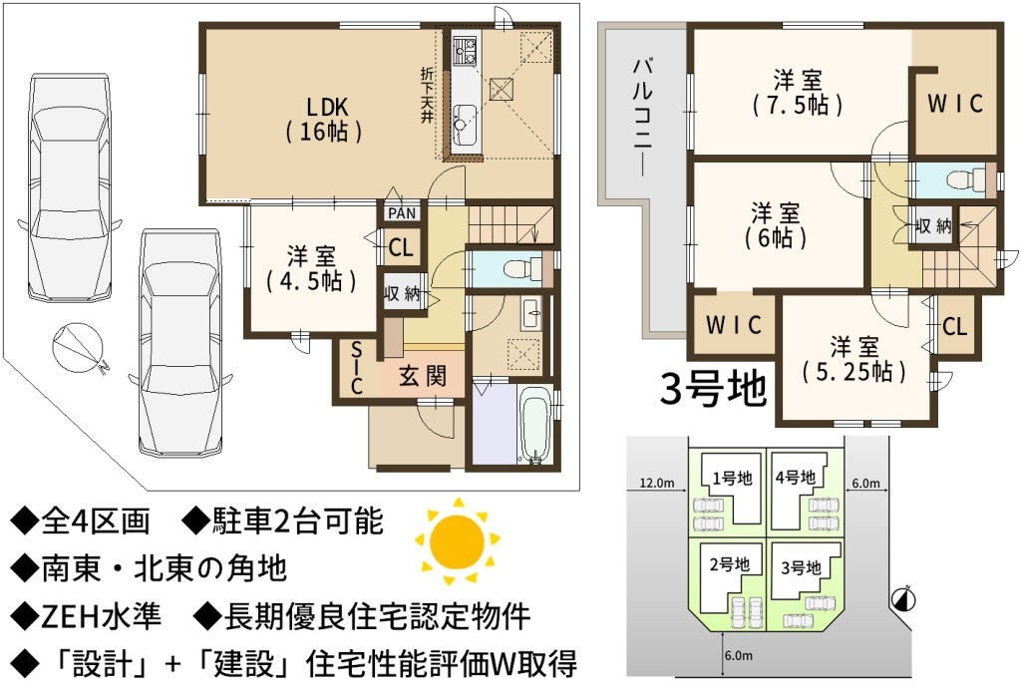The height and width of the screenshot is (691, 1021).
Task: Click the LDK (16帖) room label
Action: coord(324,120)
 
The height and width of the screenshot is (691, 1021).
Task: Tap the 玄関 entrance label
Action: coord(423,376)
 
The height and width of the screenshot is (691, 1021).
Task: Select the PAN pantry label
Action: coord(401,213)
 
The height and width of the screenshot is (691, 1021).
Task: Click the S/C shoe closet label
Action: coord(356,369)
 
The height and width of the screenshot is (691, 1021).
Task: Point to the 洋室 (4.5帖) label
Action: coord(311,268)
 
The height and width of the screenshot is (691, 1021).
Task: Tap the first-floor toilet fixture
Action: coord(522,268)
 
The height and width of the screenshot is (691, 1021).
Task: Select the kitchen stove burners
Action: coord(465,51)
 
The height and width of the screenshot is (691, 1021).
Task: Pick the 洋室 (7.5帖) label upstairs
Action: coord(798,93)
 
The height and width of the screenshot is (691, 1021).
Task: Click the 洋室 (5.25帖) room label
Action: coord(853,359)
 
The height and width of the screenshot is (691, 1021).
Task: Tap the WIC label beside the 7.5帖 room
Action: coord(954,105)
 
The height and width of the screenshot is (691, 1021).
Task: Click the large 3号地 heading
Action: coord(712,390)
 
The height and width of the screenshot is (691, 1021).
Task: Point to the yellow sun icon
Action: coord(458,540)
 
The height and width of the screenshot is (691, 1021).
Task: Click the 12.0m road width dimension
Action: coord(657,484)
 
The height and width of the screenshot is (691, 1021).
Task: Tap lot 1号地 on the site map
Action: coord(732,479)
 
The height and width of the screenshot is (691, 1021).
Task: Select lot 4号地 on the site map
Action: coord(796,478)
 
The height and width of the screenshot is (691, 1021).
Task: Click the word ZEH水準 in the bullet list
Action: coord(101,615)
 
